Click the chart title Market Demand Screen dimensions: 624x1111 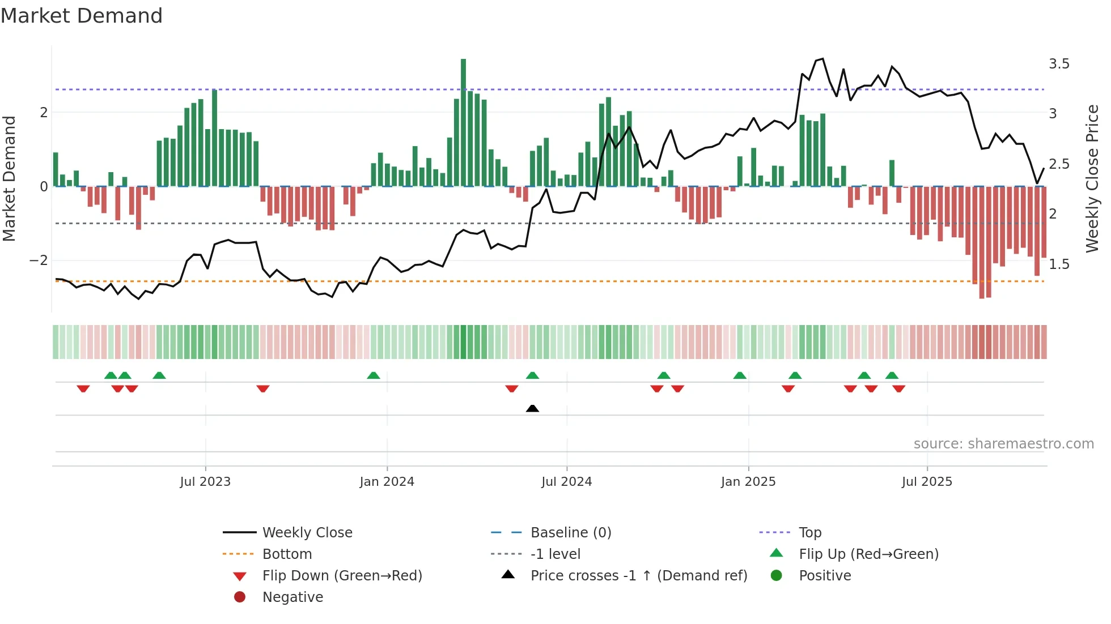coord(82,16)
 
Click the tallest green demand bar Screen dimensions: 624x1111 coord(463,122)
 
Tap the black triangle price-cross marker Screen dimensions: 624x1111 coord(532,408)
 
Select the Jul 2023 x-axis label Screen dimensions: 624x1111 coord(205,482)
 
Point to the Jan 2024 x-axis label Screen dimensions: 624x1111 coord(387,482)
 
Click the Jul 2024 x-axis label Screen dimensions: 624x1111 coord(566,482)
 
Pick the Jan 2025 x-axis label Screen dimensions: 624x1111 coord(748,482)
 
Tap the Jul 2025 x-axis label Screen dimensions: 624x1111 coord(927,482)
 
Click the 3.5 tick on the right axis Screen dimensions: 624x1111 coord(1059,64)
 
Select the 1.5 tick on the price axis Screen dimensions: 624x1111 coord(1059,264)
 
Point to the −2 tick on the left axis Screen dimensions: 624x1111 coord(39,260)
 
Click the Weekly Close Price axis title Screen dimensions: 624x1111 coord(1092,178)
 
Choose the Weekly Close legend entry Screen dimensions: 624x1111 coord(307,533)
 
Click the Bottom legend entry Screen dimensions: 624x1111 coord(287,554)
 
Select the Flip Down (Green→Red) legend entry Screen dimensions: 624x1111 coord(342,576)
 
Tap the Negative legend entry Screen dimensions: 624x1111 coord(292,597)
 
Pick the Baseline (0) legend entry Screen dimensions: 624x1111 coord(570,533)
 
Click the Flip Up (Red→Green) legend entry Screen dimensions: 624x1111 coord(868,554)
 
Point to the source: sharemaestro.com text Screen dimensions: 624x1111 coord(1003,444)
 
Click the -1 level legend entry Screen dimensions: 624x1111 coord(555,554)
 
